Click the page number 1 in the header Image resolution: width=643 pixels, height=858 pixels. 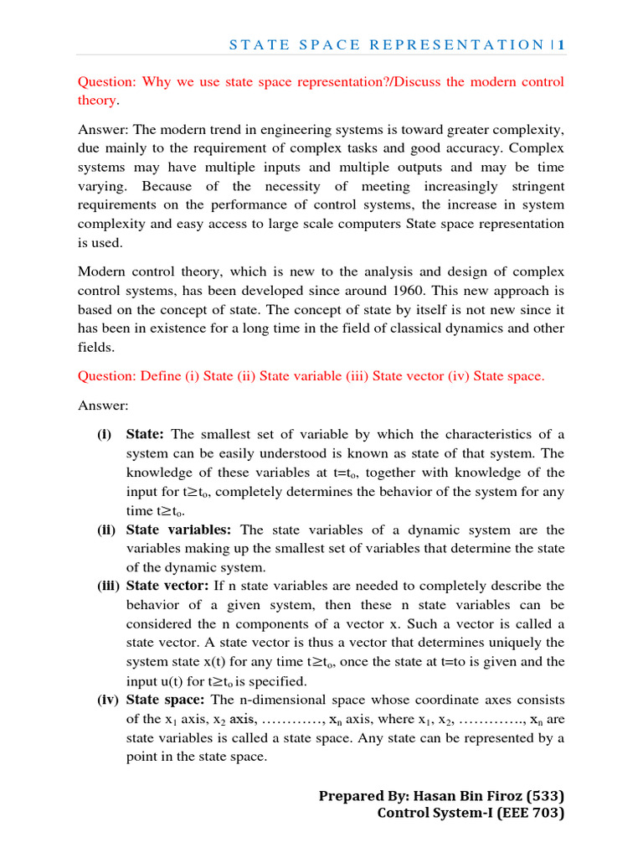tap(560, 44)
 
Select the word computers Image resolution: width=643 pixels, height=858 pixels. tap(334, 224)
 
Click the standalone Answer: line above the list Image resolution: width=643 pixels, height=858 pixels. tap(103, 406)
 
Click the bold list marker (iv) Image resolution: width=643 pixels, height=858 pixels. tap(106, 700)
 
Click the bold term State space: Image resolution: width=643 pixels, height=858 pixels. tap(165, 700)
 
